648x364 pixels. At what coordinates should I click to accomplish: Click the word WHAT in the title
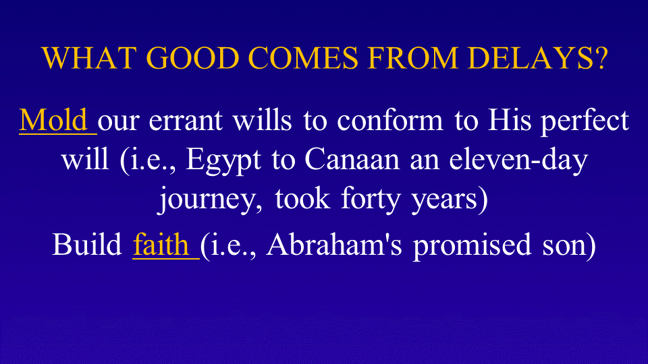(89, 57)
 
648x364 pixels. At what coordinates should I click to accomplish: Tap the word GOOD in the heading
(192, 57)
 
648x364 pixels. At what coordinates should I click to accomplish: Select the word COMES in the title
(303, 57)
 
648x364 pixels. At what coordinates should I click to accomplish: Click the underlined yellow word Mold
(53, 121)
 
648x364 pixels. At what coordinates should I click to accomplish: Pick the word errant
(186, 121)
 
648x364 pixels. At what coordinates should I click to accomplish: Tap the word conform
(389, 121)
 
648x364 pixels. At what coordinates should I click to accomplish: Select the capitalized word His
(509, 121)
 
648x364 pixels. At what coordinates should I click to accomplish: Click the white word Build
(87, 244)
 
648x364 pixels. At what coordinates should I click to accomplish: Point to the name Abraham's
(334, 244)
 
